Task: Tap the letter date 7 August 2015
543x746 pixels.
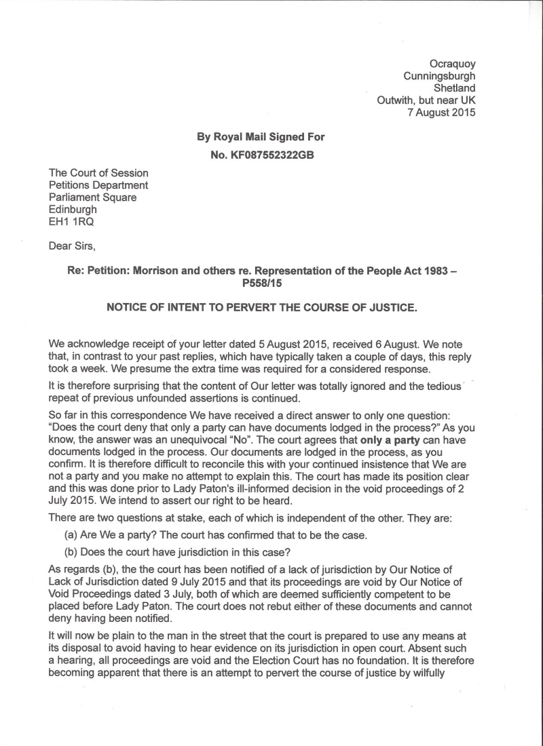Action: [x=441, y=113]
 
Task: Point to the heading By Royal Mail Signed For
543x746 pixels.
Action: [x=261, y=137]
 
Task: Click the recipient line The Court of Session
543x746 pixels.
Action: [x=98, y=173]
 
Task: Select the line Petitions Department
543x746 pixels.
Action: [x=98, y=185]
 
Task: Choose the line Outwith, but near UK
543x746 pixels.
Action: [x=426, y=100]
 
